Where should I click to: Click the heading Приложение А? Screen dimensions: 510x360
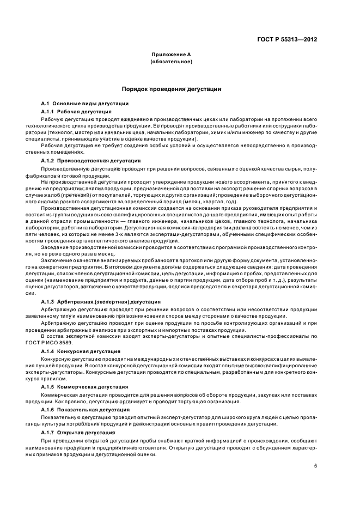coord(171,55)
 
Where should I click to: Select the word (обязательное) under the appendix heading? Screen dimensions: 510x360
coord(171,62)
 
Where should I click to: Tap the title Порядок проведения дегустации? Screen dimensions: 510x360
coord(171,88)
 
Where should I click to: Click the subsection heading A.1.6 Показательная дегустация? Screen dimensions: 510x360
coord(86,409)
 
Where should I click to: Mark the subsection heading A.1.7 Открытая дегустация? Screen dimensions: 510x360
coord(80,432)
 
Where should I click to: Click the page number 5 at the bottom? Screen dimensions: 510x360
coord(316,466)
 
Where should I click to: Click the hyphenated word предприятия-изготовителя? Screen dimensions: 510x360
coord(137,447)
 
